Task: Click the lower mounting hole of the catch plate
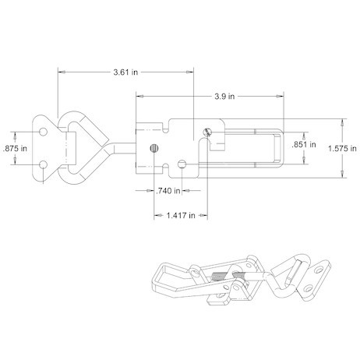click(x=44, y=164)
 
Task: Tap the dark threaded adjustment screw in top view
click(x=154, y=148)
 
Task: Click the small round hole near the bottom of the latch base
click(x=182, y=164)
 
